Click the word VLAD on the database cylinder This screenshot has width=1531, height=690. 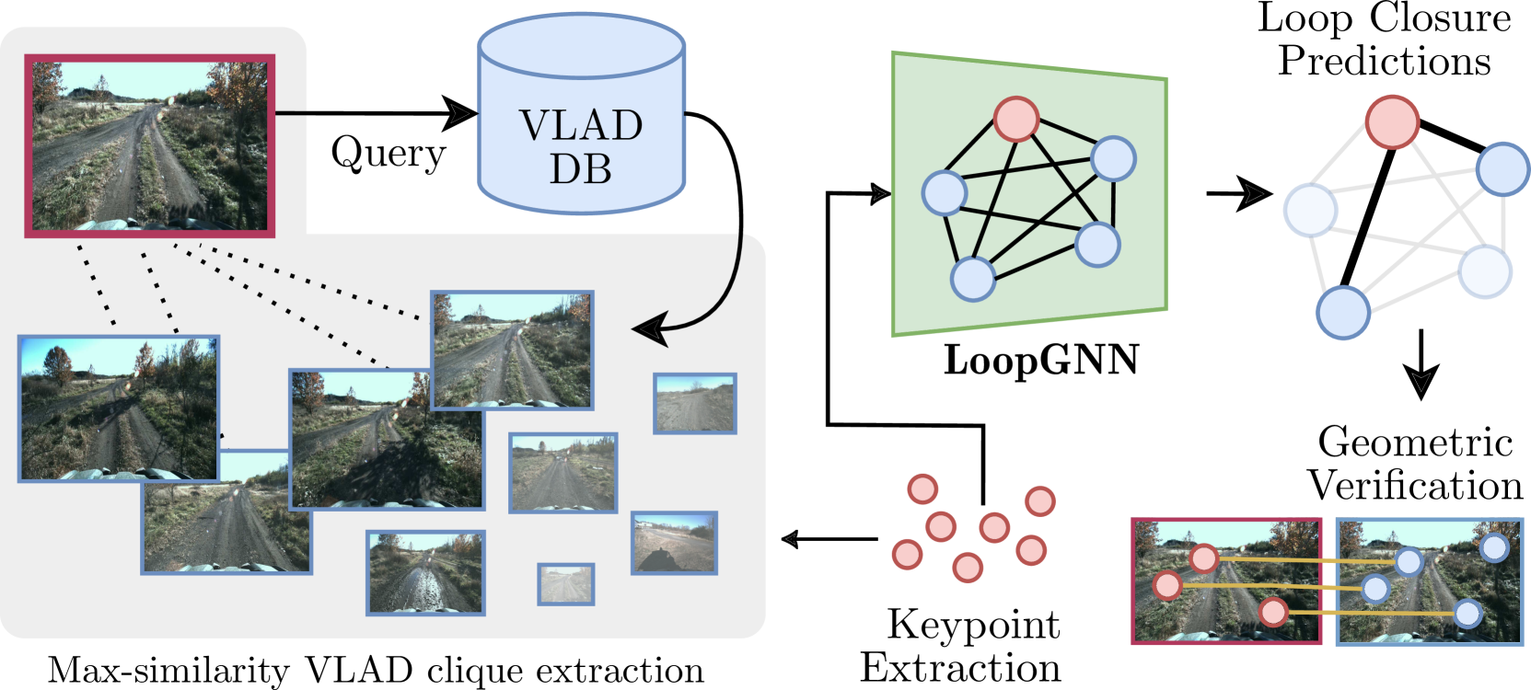click(581, 126)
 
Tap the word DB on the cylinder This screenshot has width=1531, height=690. click(581, 168)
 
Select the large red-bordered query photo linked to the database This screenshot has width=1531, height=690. click(149, 145)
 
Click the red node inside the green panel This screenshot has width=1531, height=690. click(1016, 120)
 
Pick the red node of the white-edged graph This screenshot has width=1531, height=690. click(1391, 122)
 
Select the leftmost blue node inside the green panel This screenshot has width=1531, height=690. click(944, 193)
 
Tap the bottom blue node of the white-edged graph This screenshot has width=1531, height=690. click(1343, 313)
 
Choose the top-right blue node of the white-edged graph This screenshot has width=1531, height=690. click(1502, 169)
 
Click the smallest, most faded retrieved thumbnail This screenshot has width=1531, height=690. click(565, 584)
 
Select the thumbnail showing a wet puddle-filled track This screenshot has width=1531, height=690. click(425, 572)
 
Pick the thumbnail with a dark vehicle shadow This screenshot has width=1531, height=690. click(674, 544)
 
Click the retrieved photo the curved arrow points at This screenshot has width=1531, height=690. click(512, 351)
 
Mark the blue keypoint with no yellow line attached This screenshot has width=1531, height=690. click(1494, 547)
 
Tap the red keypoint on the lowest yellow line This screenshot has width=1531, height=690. click(1273, 612)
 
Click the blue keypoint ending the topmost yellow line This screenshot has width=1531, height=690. click(1409, 561)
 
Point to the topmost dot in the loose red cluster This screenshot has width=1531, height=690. click(922, 489)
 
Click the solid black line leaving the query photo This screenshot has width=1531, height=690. click(290, 113)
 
